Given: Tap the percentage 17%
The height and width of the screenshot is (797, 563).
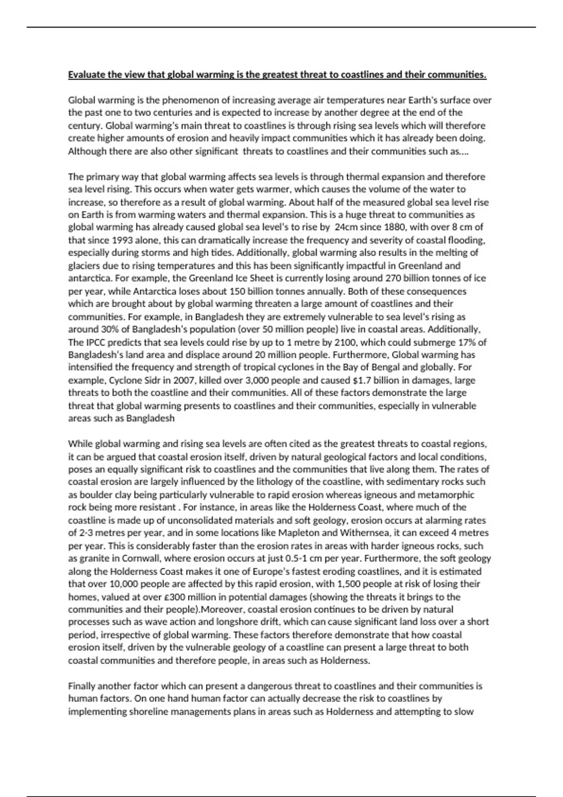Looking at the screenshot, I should click(x=469, y=342).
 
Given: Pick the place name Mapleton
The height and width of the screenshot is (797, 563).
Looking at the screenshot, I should click(x=297, y=533).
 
